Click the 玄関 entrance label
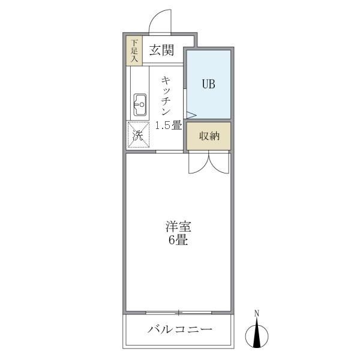pos(161,50)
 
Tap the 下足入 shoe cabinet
pos(134,51)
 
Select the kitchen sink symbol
pos(140,105)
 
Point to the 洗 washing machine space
pos(139,135)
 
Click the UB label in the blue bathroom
pos(208,84)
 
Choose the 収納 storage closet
pos(208,136)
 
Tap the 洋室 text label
pos(178,226)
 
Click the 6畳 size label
pos(178,240)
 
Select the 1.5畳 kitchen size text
pos(169,125)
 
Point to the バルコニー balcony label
pos(180,329)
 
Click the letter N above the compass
pos(257,313)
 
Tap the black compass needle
pos(257,332)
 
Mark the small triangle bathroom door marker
pos(191,115)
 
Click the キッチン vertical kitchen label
pos(166,96)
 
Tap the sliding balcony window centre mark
pos(179,313)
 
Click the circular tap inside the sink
pos(142,104)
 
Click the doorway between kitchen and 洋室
pos(169,152)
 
